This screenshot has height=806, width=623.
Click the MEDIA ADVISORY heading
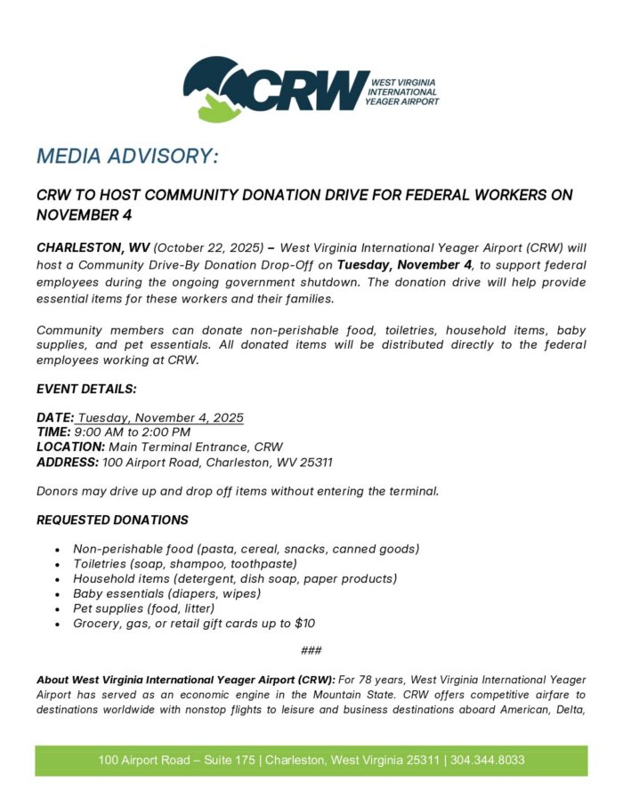[126, 157]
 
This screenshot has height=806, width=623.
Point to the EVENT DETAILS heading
[86, 389]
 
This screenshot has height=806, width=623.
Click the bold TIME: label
[55, 431]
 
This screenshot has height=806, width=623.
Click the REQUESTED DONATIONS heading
[112, 520]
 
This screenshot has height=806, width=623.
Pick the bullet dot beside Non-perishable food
[58, 550]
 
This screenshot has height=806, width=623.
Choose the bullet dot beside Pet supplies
[58, 609]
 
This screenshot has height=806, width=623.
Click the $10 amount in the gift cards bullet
[304, 624]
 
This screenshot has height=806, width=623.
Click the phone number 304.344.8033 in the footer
[488, 761]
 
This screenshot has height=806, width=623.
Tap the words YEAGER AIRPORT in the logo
[401, 101]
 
